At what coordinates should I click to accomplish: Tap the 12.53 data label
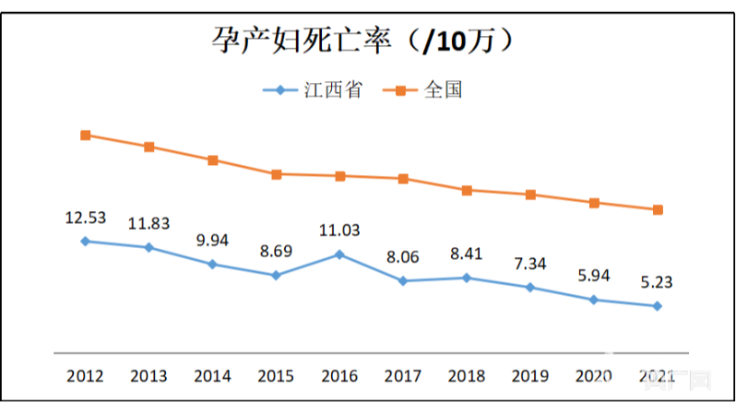click(86, 218)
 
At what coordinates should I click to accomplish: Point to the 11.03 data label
click(339, 231)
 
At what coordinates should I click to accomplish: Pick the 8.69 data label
click(276, 251)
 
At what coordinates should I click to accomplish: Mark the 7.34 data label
click(530, 264)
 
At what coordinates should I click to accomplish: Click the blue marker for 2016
click(339, 254)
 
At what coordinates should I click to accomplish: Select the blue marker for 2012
click(86, 241)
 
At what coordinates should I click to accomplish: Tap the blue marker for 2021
click(658, 306)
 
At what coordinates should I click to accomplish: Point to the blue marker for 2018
click(467, 278)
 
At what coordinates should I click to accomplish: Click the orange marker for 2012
click(86, 135)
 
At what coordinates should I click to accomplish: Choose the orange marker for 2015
click(276, 173)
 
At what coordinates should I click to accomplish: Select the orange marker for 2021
click(658, 209)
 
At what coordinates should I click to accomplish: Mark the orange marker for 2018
click(467, 190)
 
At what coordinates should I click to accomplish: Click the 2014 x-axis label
click(212, 376)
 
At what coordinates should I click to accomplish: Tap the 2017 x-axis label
click(403, 376)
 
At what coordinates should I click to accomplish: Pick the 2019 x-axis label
click(530, 376)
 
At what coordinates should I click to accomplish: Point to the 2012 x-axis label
click(86, 376)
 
